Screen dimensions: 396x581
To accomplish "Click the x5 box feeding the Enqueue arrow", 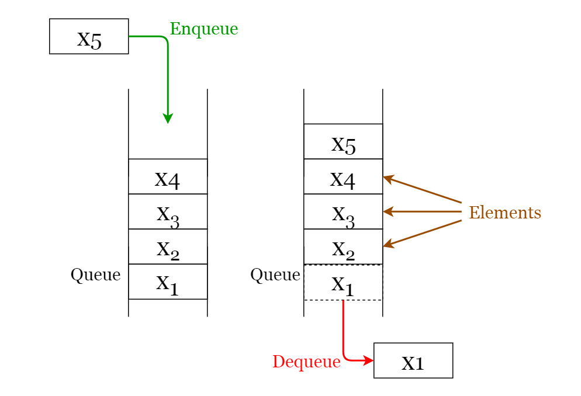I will (89, 36).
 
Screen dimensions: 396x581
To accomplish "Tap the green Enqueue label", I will (204, 29).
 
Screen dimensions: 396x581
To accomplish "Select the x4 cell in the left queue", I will (168, 176).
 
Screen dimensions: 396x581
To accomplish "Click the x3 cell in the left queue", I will (168, 211).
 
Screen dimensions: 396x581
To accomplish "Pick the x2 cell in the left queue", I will (168, 246).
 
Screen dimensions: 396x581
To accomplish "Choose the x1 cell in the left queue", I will (168, 282).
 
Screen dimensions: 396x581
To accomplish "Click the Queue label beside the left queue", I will (95, 275).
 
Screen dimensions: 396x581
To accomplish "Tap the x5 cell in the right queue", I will (343, 141).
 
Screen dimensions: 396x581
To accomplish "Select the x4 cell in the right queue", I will (343, 176).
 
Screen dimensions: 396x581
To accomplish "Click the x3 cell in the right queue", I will (343, 211).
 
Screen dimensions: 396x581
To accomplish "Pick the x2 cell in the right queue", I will (343, 246).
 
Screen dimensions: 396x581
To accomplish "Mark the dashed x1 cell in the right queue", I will (343, 283).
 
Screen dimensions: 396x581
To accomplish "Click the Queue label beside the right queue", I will (275, 275).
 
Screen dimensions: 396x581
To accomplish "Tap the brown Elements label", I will (505, 213).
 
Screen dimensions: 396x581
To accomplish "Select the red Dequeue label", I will (306, 362).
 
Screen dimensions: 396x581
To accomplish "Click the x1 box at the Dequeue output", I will (413, 360).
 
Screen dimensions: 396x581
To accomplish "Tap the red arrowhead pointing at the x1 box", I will (368, 360).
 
